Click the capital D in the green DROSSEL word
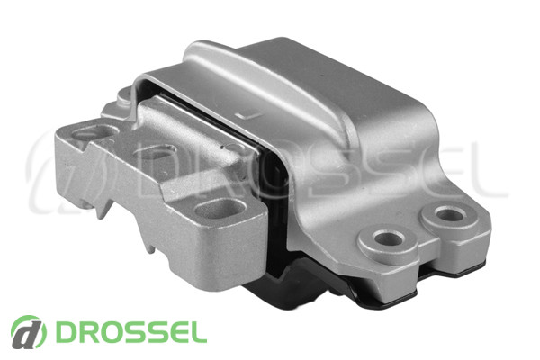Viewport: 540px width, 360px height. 67,332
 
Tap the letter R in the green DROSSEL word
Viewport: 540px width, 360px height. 88,332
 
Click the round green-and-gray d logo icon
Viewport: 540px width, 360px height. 28,332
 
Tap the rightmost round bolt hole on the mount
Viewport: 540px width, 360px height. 451,215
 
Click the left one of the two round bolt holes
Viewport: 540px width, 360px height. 390,238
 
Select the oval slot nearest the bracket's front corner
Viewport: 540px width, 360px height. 220,209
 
